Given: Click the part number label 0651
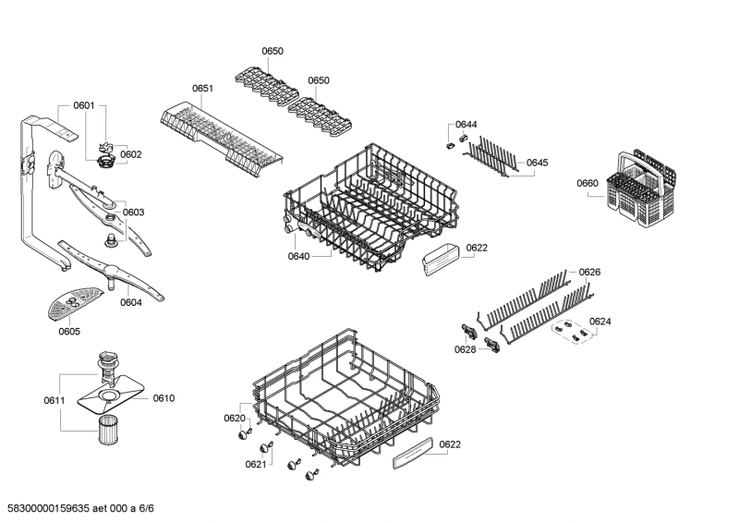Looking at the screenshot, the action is [202, 88].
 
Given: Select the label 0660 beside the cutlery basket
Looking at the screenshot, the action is [588, 183].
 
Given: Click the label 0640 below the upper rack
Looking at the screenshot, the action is [298, 256].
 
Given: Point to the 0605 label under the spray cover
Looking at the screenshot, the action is [69, 331].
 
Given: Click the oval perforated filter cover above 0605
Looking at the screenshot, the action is [75, 303].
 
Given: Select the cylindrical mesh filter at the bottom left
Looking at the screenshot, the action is [109, 429].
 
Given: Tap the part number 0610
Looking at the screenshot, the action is [164, 398].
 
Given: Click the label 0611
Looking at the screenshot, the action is [55, 400].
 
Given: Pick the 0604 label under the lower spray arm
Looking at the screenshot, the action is [130, 302].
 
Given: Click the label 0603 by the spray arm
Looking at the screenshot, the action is [133, 213].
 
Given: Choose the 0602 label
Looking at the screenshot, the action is [130, 154].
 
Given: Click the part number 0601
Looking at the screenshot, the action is [84, 105].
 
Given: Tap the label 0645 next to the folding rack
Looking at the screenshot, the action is [538, 163].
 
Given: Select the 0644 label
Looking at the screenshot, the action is [466, 124].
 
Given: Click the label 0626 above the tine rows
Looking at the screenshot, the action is [589, 272].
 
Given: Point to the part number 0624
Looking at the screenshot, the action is [600, 322].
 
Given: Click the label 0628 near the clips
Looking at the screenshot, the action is [466, 349].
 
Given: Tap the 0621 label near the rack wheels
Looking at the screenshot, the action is [256, 464].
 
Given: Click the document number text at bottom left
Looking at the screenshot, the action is [80, 508].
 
